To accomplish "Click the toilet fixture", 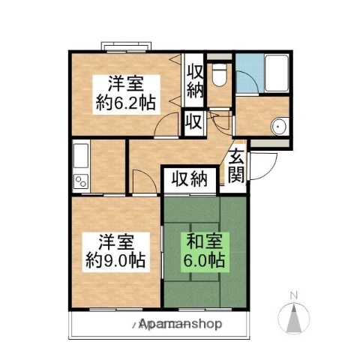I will [x=219, y=73].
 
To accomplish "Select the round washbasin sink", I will [x=279, y=126].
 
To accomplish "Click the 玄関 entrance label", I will [x=237, y=166].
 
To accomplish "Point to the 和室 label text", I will [x=201, y=244].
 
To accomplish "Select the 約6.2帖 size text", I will [x=125, y=102].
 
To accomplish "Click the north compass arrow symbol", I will [x=295, y=316].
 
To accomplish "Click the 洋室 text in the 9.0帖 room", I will [x=115, y=244].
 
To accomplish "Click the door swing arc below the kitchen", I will [x=141, y=180].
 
